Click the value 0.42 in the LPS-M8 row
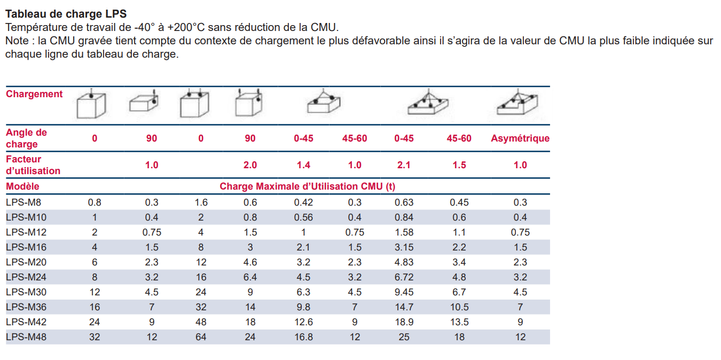(303, 202)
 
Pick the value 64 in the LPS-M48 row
(200, 337)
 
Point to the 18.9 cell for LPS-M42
(404, 322)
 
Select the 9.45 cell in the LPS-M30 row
(404, 292)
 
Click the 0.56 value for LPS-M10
(303, 217)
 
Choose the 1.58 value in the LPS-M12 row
(404, 232)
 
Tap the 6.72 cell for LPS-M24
(404, 277)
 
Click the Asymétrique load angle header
(520, 138)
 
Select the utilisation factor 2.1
(404, 165)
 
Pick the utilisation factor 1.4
(303, 165)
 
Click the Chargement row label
(34, 94)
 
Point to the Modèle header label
(22, 186)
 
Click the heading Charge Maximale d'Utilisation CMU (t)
(308, 186)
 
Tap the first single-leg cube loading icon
(91, 104)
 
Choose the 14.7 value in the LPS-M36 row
(404, 307)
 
